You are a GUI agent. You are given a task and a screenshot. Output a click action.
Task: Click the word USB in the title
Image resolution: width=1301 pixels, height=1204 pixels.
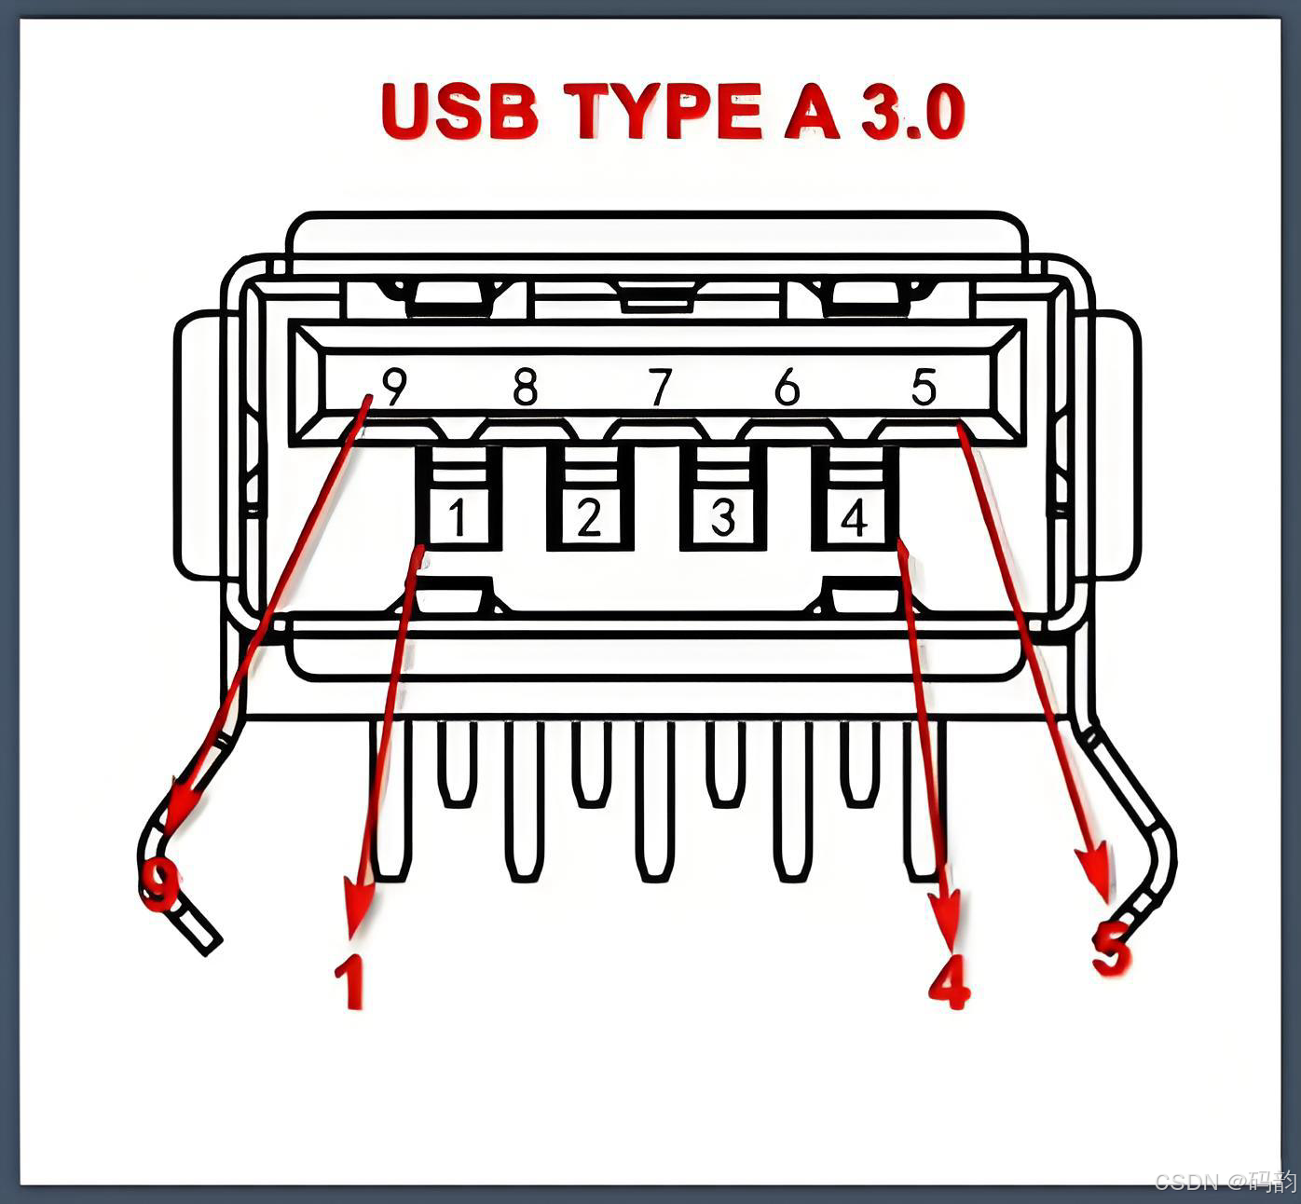point(459,111)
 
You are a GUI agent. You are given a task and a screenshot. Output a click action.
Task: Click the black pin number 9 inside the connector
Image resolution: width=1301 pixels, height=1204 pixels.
point(395,386)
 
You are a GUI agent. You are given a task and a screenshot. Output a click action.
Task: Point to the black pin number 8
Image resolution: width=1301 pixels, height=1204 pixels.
point(526,386)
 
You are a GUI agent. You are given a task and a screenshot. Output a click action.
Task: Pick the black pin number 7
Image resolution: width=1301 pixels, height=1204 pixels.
point(660,386)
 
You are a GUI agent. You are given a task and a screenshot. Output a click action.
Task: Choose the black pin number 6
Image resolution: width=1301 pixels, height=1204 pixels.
point(787,386)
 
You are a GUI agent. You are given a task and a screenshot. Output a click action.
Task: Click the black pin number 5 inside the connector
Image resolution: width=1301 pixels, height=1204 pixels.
point(924,386)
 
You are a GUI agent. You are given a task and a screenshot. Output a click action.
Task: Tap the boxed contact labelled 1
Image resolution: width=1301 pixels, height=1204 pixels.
point(458,517)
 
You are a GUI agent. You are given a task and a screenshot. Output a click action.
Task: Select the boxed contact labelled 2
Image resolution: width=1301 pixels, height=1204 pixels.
point(589,517)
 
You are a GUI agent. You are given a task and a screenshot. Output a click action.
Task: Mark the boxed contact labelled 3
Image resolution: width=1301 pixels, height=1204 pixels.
point(723,517)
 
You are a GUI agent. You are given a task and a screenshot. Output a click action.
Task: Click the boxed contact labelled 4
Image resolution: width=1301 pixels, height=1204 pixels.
point(855,517)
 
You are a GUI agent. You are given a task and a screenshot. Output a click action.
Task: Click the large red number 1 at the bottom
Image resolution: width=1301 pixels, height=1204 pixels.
point(349,981)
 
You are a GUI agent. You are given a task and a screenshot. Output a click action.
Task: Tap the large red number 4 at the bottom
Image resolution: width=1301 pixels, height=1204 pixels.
point(950,981)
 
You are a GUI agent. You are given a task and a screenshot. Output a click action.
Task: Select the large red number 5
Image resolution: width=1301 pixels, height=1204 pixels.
point(1112,949)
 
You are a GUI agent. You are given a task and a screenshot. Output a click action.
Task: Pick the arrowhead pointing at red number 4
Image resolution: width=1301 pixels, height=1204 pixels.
point(947,913)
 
